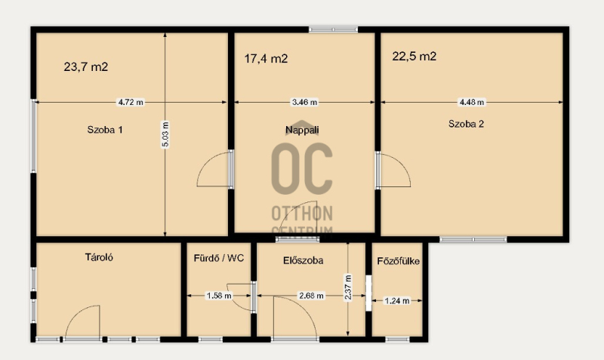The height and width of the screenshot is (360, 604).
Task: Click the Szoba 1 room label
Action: tap(105, 130)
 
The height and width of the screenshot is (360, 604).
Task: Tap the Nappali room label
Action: tap(302, 130)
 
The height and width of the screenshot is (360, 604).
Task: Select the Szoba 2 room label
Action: tap(466, 124)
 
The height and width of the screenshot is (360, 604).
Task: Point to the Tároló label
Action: tap(99, 257)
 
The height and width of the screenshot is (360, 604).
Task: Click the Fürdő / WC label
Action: tap(219, 258)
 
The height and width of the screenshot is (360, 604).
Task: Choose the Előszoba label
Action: tap(304, 260)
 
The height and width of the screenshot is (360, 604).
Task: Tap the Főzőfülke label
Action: tap(399, 261)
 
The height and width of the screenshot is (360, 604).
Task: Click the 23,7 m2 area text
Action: tap(86, 67)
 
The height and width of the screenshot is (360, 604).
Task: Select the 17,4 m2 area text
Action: tap(266, 59)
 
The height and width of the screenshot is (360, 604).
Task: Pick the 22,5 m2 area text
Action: tap(414, 56)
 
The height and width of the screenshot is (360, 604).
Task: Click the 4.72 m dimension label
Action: tap(131, 103)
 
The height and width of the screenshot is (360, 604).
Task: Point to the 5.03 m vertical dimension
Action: tap(165, 134)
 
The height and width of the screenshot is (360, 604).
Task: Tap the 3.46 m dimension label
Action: tap(305, 103)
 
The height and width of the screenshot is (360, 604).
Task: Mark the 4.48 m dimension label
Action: tap(471, 103)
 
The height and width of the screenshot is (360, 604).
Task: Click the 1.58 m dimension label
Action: tap(219, 296)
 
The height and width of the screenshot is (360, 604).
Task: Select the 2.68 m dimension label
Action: tap(311, 296)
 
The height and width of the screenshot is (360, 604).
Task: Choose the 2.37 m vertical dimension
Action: tap(348, 288)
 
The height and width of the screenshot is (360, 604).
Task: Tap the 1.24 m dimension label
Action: tap(397, 300)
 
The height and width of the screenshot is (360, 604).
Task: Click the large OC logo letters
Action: tap(301, 168)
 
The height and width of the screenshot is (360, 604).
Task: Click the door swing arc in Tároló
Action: tap(76, 312)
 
